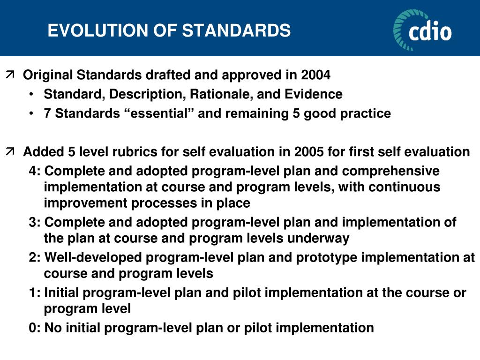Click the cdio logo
pyautogui.click(x=422, y=30)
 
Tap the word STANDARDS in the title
pyautogui.click(x=236, y=30)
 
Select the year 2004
pyautogui.click(x=315, y=75)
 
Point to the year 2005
pyautogui.click(x=309, y=152)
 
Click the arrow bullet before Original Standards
pyautogui.click(x=10, y=75)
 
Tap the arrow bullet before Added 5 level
pyautogui.click(x=10, y=151)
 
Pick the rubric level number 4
pyautogui.click(x=32, y=171)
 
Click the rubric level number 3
pyautogui.click(x=32, y=222)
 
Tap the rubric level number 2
pyautogui.click(x=32, y=257)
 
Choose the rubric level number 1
pyautogui.click(x=32, y=292)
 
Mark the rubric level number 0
pyautogui.click(x=32, y=328)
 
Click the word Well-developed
pyautogui.click(x=93, y=257)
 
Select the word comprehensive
pyautogui.click(x=390, y=171)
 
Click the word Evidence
pyautogui.click(x=314, y=94)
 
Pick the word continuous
pyautogui.click(x=405, y=187)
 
